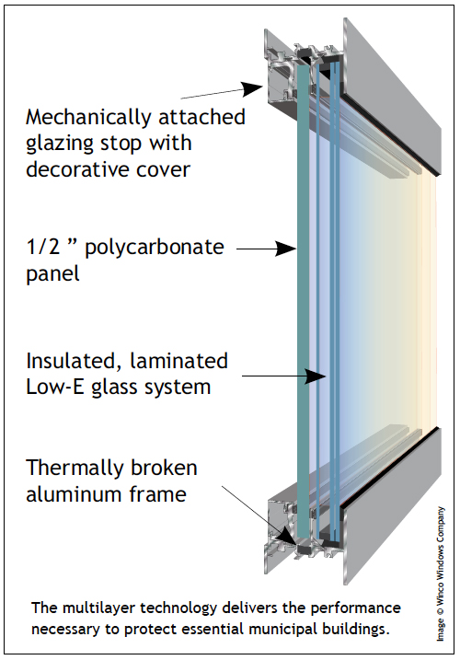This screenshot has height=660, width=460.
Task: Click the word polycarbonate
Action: (155, 249)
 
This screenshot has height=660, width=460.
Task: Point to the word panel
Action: (52, 274)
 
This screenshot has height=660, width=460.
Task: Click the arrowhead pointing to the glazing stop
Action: (253, 88)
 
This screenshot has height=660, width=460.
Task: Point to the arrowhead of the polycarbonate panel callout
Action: (286, 249)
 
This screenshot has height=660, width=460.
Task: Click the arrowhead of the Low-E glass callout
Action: (316, 376)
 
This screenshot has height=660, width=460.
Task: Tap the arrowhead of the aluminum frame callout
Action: (287, 536)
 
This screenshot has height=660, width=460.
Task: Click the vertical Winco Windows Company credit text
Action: (440, 573)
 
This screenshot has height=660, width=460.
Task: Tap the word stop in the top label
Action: (121, 145)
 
